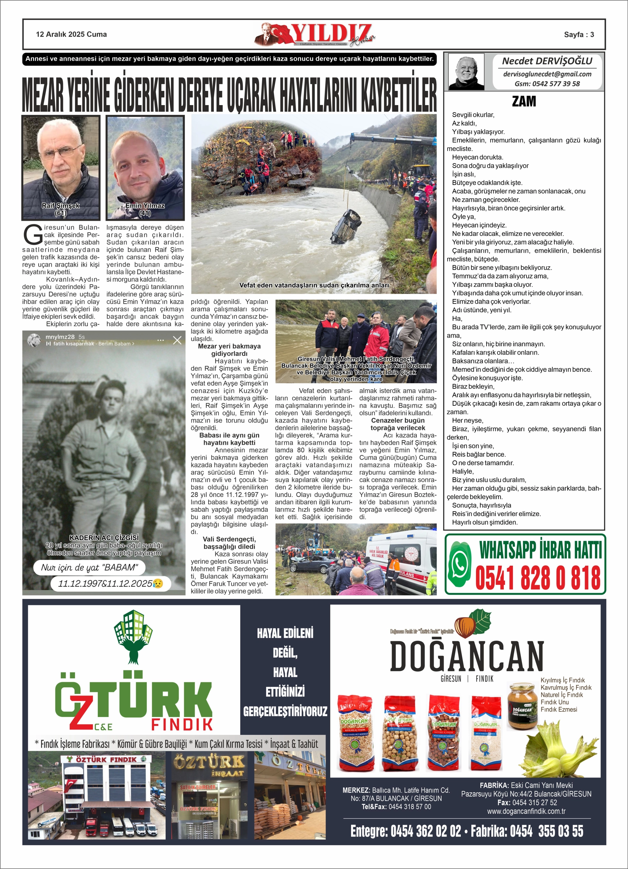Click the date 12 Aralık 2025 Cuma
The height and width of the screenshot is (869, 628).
[71, 34]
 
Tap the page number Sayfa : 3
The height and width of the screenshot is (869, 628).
[578, 34]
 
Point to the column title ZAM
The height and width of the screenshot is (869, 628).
[524, 101]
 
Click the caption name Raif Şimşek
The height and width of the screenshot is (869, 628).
[60, 206]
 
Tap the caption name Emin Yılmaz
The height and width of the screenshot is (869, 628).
[145, 206]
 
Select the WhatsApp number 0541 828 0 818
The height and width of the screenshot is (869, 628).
[537, 578]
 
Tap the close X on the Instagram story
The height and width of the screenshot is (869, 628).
[177, 340]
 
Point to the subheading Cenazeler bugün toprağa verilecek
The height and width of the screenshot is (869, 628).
[398, 424]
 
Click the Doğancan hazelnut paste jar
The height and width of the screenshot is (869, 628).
[522, 705]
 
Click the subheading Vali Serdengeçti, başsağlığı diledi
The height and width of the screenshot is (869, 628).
[229, 543]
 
